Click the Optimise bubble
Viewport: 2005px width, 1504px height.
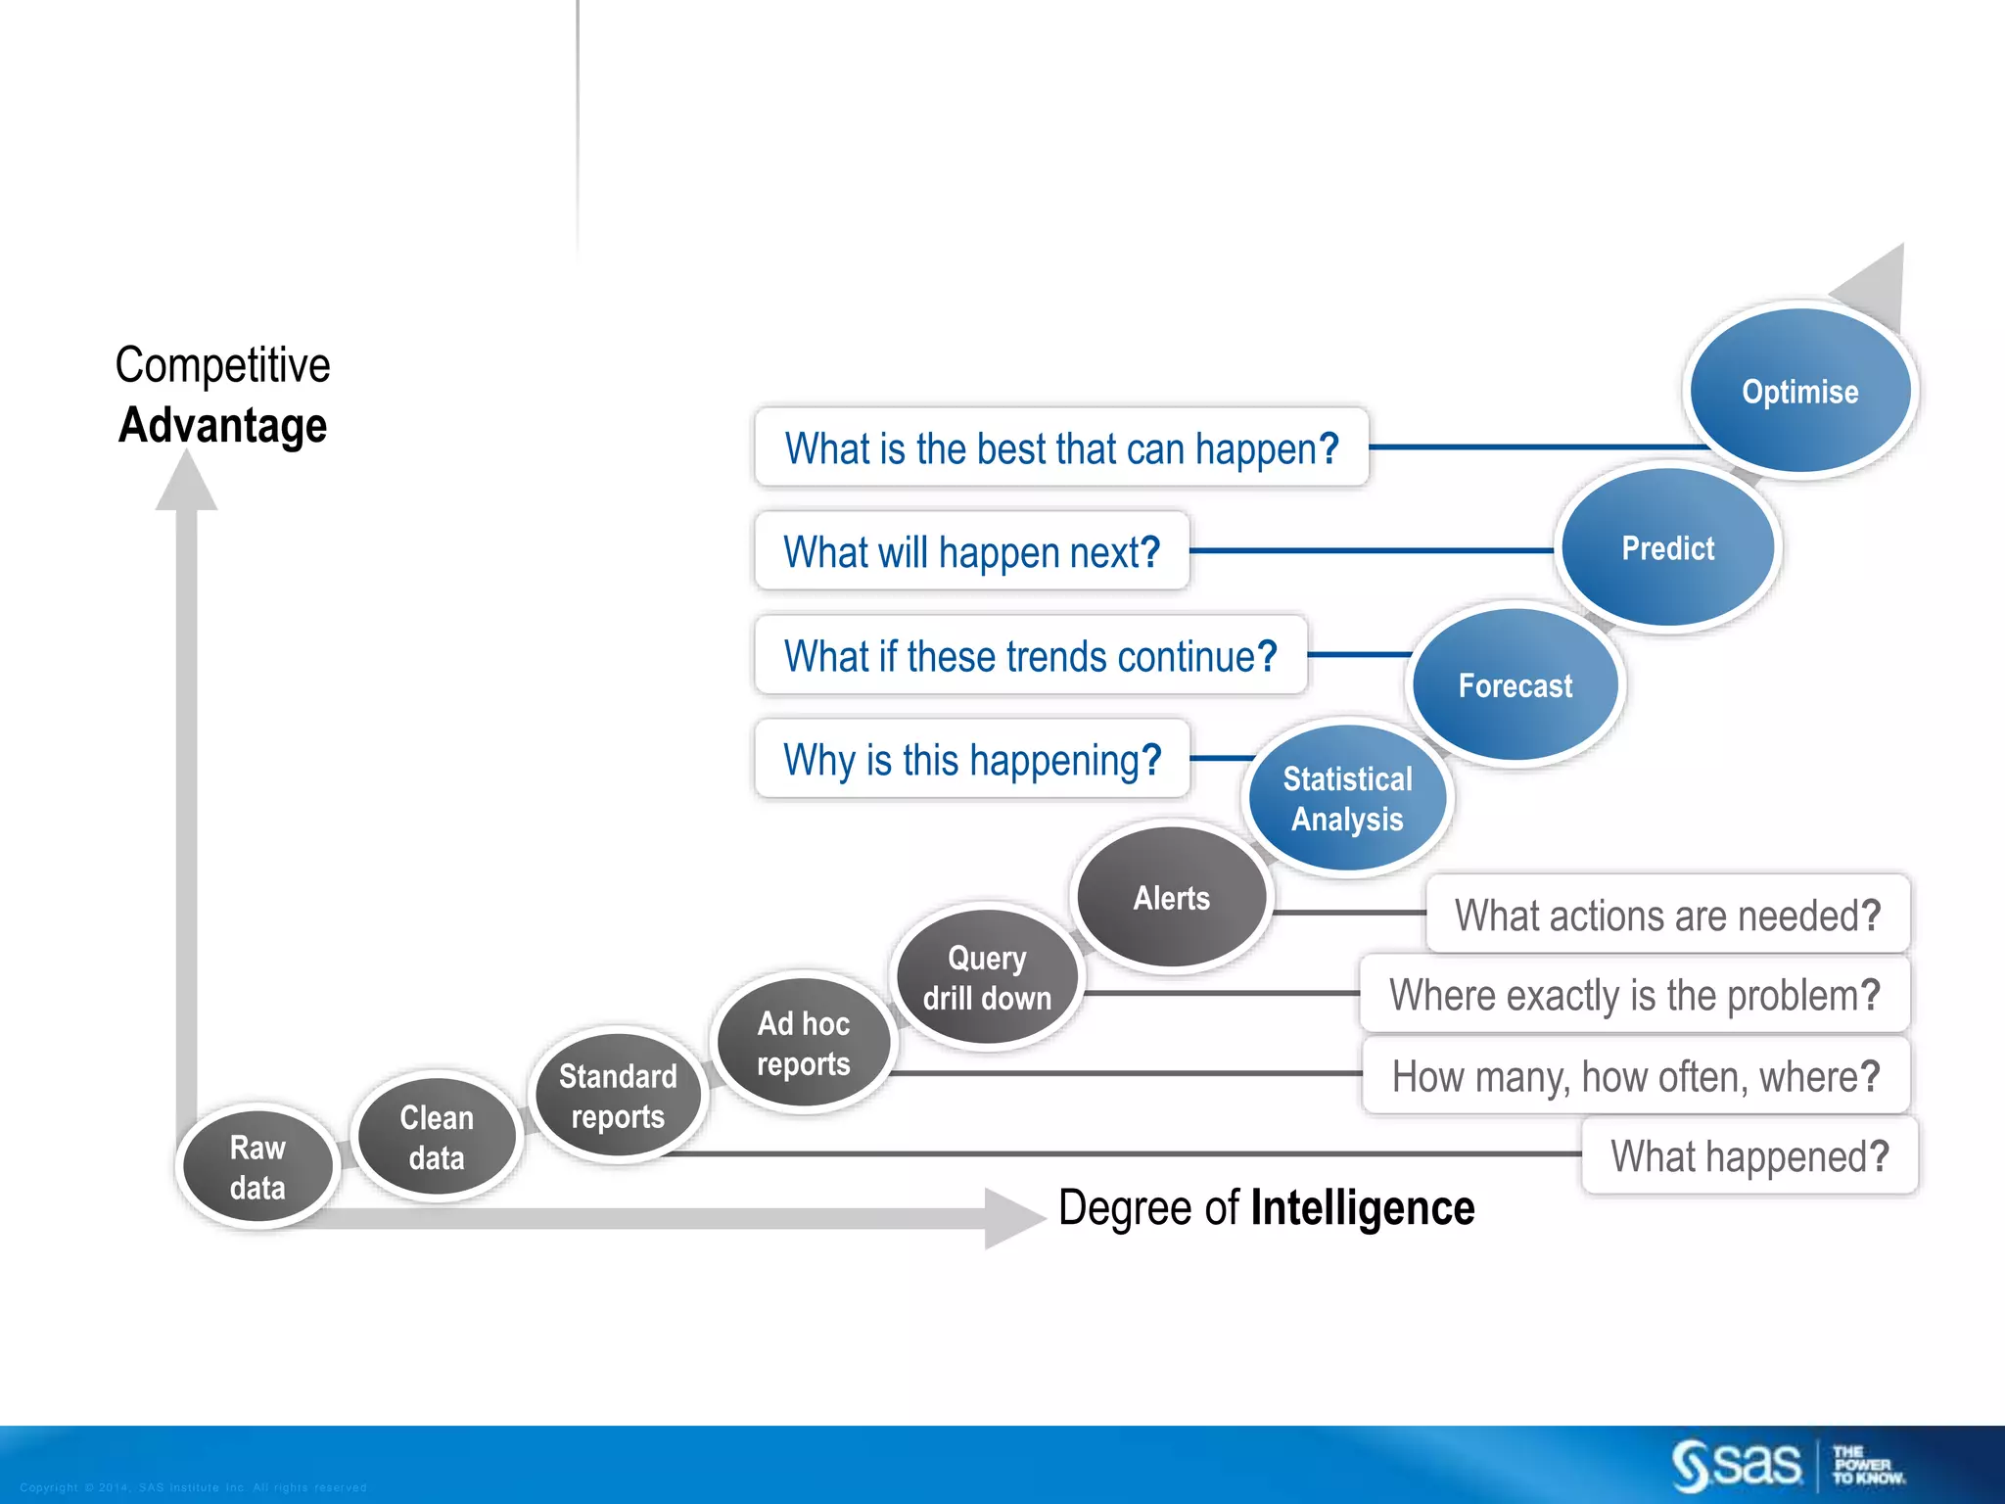pyautogui.click(x=1799, y=391)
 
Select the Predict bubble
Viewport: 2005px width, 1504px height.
pyautogui.click(x=1667, y=548)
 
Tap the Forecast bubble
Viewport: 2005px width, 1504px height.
pyautogui.click(x=1515, y=685)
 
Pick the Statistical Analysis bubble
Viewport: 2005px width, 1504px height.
pyautogui.click(x=1347, y=798)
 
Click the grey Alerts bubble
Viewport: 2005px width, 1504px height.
pyautogui.click(x=1171, y=897)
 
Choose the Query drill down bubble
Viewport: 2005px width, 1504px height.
pyautogui.click(x=987, y=977)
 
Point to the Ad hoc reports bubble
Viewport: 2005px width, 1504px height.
pyautogui.click(x=803, y=1043)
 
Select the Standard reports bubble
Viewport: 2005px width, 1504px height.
pyautogui.click(x=617, y=1096)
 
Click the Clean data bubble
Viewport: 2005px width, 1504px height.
pyautogui.click(x=437, y=1137)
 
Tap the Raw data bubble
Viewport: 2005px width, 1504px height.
pyautogui.click(x=257, y=1167)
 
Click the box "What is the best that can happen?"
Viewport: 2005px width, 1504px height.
pyautogui.click(x=1061, y=448)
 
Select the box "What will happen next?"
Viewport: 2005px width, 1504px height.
pyautogui.click(x=971, y=551)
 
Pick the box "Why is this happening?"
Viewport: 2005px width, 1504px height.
pyautogui.click(x=971, y=760)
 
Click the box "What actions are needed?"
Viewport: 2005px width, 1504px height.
pyautogui.click(x=1666, y=916)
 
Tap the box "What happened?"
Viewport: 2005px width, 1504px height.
pyautogui.click(x=1749, y=1156)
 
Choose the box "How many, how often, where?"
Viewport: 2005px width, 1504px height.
pyautogui.click(x=1635, y=1076)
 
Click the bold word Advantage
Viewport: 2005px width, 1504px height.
pyautogui.click(x=222, y=426)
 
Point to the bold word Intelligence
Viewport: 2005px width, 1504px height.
pyautogui.click(x=1362, y=1207)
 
